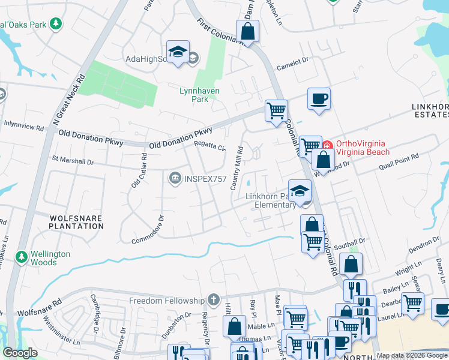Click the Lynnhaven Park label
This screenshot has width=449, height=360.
point(200,95)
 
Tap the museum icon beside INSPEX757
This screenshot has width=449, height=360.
point(175,177)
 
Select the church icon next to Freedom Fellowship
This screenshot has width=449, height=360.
point(214,300)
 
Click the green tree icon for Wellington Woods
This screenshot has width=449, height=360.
point(22,257)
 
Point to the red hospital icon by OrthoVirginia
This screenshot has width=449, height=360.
point(328,145)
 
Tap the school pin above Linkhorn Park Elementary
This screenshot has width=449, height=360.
point(300,191)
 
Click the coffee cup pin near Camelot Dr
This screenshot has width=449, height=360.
point(319,98)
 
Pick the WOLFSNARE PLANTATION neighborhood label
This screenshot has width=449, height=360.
point(77,222)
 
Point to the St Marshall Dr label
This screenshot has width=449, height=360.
point(73,161)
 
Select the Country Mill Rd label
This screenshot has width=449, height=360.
point(237,169)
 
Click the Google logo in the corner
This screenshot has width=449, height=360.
point(20,353)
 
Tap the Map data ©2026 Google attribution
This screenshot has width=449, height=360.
point(412,356)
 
